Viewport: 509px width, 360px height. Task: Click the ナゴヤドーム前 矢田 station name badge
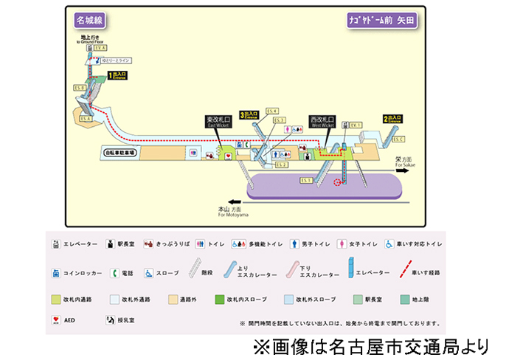[x=381, y=21]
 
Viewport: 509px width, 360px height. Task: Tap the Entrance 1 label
[x=118, y=75]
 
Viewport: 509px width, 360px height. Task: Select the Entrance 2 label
[x=392, y=118]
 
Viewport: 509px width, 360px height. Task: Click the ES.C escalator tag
[x=399, y=139]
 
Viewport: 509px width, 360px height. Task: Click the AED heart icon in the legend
[x=56, y=321]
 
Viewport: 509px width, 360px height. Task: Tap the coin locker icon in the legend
[x=56, y=272]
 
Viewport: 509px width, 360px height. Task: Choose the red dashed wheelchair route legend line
[x=405, y=272]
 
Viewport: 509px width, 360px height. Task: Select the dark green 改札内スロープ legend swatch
[x=219, y=300]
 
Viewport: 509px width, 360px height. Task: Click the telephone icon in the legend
[x=114, y=272]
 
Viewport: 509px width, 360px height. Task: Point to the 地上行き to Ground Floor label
[x=91, y=38]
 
